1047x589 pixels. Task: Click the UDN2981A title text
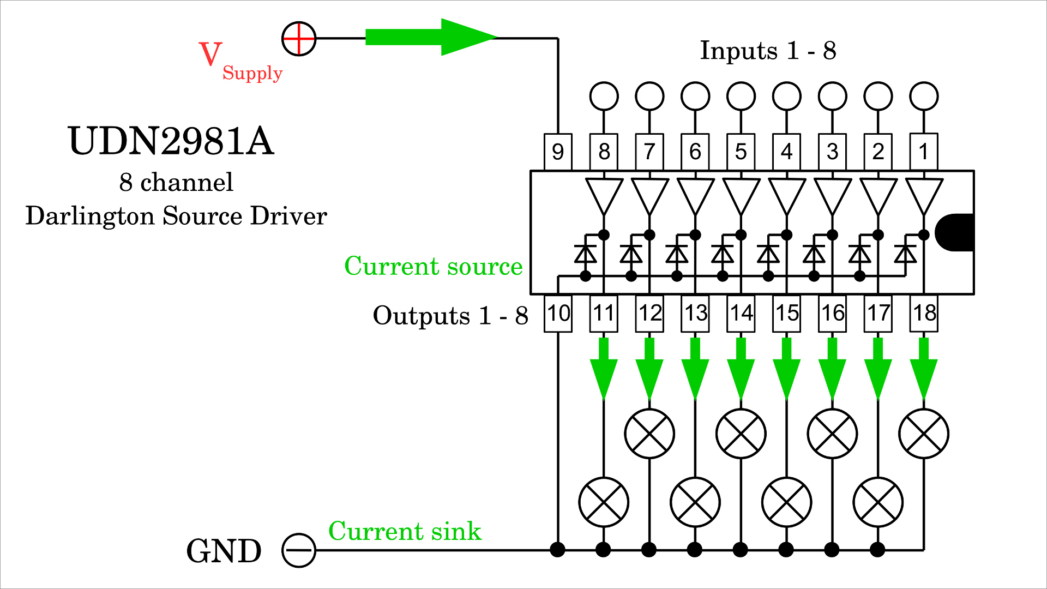[171, 141]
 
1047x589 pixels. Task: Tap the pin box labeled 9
[557, 152]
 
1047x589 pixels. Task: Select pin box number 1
[923, 151]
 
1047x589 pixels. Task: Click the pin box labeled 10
[558, 314]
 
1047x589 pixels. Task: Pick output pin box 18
[924, 313]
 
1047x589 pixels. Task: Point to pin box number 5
[741, 152]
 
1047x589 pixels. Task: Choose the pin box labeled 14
[741, 314]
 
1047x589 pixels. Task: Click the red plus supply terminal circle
[299, 39]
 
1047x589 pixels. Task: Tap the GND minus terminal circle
[299, 550]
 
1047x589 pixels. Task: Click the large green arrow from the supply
[431, 37]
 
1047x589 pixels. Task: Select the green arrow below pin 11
[604, 369]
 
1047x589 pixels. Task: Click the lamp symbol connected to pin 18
[924, 434]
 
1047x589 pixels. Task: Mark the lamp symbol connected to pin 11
[604, 502]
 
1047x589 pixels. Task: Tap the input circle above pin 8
[604, 97]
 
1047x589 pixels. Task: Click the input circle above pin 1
[924, 97]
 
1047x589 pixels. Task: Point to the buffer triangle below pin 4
[786, 194]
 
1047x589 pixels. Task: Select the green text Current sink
[405, 531]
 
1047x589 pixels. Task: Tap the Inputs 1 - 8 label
[768, 51]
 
